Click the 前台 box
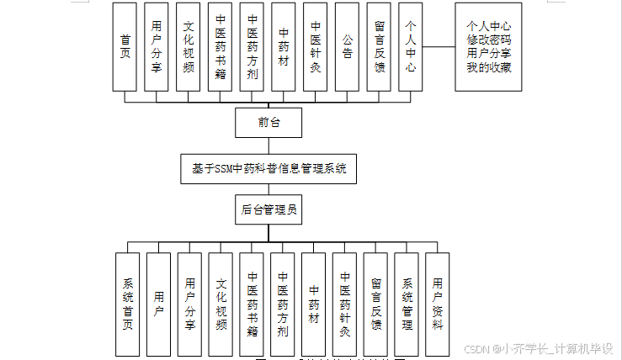(268, 123)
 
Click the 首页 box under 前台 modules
(125, 46)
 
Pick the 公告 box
(348, 46)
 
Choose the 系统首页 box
(128, 304)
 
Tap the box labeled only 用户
(159, 304)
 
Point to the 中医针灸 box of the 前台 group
(316, 46)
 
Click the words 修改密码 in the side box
(488, 40)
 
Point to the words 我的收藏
(488, 66)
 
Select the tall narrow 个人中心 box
(411, 46)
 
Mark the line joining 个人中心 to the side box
(439, 47)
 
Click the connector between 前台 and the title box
(268, 145)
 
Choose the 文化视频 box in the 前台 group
(189, 46)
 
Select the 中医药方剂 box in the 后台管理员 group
(283, 304)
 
